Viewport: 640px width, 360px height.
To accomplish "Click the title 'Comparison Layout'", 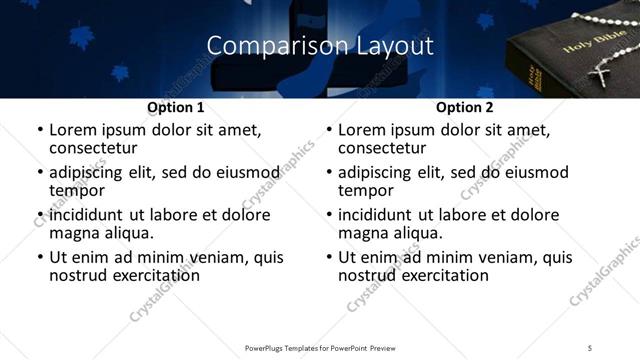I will pyautogui.click(x=319, y=46).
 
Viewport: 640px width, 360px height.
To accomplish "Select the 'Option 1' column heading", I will pyautogui.click(x=175, y=107).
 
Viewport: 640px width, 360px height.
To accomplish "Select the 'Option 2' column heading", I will pyautogui.click(x=464, y=107).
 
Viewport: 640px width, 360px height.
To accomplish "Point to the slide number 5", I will pyautogui.click(x=590, y=347).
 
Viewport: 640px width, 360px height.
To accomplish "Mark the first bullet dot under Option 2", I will pyautogui.click(x=330, y=130).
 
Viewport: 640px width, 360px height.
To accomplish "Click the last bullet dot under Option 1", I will pyautogui.click(x=41, y=257).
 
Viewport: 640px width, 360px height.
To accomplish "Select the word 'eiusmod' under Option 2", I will pyautogui.click(x=538, y=172).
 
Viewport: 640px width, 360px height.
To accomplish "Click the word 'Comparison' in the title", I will pyautogui.click(x=263, y=46).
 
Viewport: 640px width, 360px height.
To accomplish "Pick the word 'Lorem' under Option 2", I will pyautogui.click(x=362, y=130).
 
